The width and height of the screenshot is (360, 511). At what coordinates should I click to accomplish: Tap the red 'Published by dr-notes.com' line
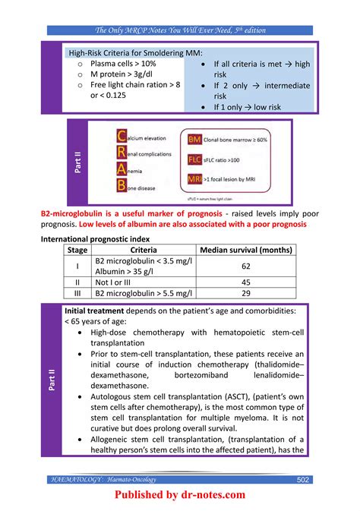pyautogui.click(x=180, y=495)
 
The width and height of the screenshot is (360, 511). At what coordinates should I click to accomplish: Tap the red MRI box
pyautogui.click(x=196, y=179)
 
